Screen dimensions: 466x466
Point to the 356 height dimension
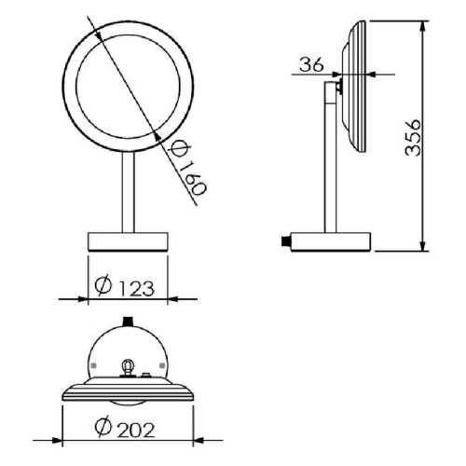tap(413, 137)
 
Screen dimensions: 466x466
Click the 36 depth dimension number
tap(311, 64)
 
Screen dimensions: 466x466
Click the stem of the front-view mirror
tap(128, 192)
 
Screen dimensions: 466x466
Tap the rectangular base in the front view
tap(128, 241)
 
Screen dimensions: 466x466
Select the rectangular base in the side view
tap(331, 241)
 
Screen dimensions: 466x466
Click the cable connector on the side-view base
tap(285, 240)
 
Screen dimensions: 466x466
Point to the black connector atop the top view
tap(128, 321)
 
